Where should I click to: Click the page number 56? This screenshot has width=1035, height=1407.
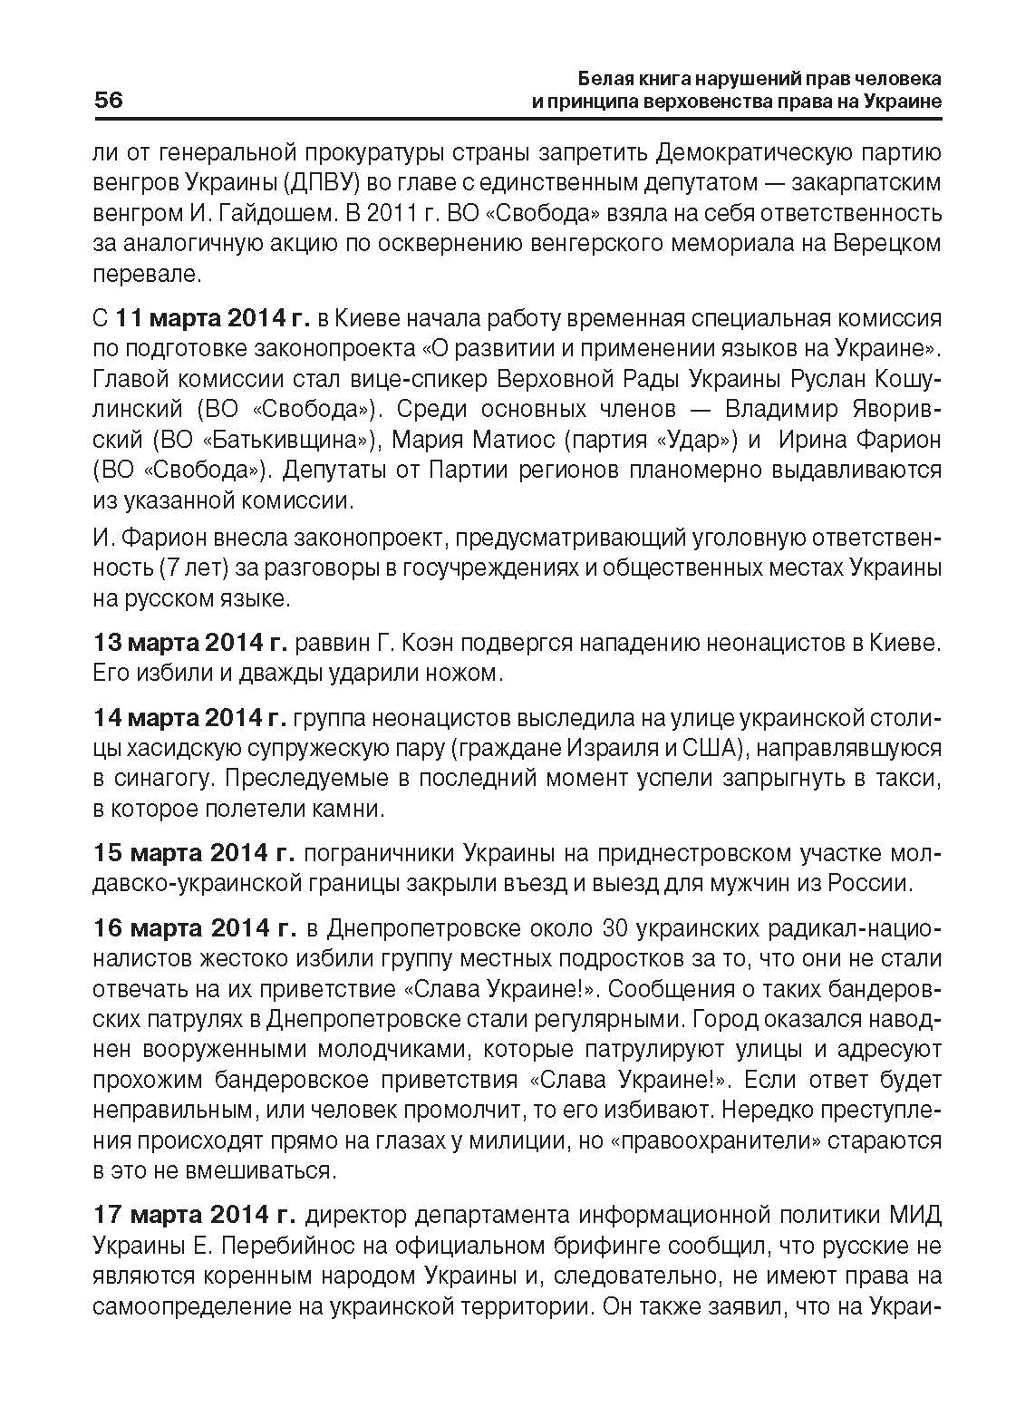pyautogui.click(x=108, y=100)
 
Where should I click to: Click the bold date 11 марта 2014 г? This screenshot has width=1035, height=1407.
pyautogui.click(x=213, y=318)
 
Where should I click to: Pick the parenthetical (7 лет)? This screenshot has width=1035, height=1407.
pyautogui.click(x=189, y=568)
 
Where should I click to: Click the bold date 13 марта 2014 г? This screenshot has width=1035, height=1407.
pyautogui.click(x=190, y=643)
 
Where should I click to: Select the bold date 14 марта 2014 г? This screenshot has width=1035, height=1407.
pyautogui.click(x=190, y=718)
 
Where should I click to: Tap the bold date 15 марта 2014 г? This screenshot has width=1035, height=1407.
pyautogui.click(x=194, y=853)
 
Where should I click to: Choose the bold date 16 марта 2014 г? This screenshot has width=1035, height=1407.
pyautogui.click(x=194, y=927)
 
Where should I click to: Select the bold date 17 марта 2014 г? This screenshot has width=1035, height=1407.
pyautogui.click(x=194, y=1214)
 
